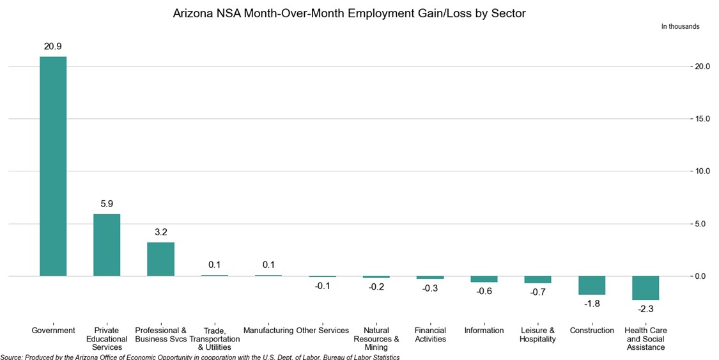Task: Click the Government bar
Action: [x=53, y=166]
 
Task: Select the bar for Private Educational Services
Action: [x=107, y=245]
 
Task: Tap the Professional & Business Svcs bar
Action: [x=160, y=259]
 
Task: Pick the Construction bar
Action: [x=592, y=285]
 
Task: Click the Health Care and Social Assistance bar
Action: [x=646, y=288]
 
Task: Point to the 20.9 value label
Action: [x=53, y=47]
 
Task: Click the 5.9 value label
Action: [x=107, y=204]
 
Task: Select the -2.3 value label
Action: [x=646, y=309]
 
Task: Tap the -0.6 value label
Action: [x=484, y=292]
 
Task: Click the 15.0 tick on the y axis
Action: [x=700, y=119]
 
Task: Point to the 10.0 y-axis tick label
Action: [x=700, y=171]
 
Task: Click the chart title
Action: [x=349, y=13]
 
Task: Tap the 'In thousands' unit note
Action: [x=680, y=27]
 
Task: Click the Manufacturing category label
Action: [x=268, y=331]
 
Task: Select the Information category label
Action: [x=484, y=331]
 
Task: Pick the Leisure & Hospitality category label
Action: [x=537, y=334]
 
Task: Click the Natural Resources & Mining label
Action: [x=376, y=339]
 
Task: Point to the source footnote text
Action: [x=200, y=357]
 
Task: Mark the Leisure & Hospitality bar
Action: [x=537, y=280]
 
